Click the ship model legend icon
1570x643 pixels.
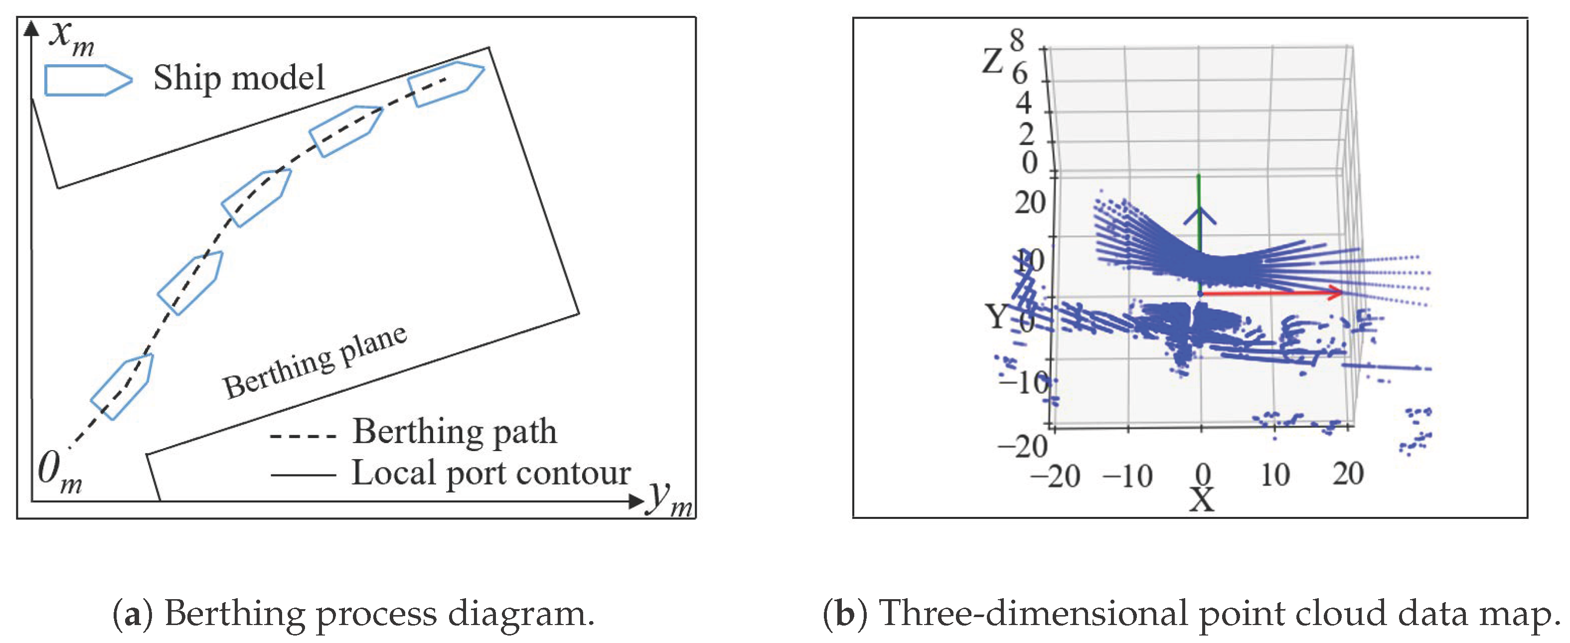(x=88, y=80)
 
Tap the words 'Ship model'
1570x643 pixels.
(x=239, y=78)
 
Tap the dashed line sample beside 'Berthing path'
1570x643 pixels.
(x=303, y=436)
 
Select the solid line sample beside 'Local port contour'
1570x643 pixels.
(x=303, y=474)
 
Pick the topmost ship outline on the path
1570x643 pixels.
(x=446, y=83)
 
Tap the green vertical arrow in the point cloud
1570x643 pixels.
(x=1199, y=232)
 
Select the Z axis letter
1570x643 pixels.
(x=992, y=61)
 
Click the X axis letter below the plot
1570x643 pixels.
(x=1202, y=500)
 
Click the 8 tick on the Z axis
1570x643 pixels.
(x=1017, y=40)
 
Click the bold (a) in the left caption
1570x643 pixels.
(x=133, y=613)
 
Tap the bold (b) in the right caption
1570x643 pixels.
(x=844, y=613)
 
